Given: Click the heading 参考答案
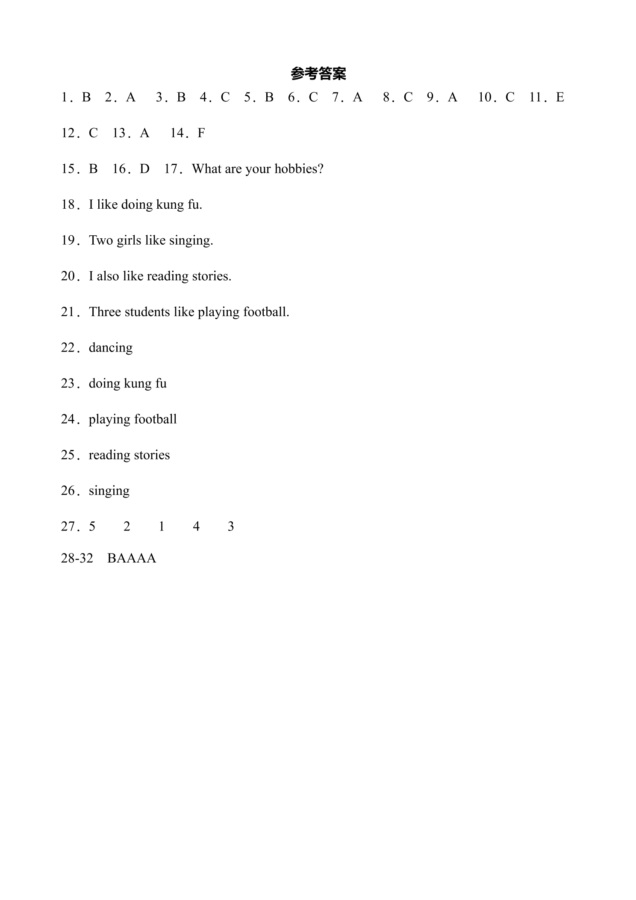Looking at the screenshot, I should (x=318, y=74).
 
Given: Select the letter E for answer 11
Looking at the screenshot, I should (x=560, y=98).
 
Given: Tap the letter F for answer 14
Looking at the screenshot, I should (x=201, y=133).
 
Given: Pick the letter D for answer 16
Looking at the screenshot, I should (x=144, y=169).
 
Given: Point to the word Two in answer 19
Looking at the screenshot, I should (x=101, y=240).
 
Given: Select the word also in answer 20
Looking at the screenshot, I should (x=108, y=276).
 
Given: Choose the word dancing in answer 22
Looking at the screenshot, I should (x=111, y=348).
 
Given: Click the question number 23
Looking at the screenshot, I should (x=68, y=383).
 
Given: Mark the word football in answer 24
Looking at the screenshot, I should (x=155, y=419).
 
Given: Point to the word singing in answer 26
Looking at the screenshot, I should (x=109, y=491).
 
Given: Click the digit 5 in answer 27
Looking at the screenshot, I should (x=92, y=527).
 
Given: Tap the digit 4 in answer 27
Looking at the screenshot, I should (x=196, y=527).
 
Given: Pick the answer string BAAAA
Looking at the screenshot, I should (x=132, y=558).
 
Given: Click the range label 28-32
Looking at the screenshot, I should (x=77, y=558).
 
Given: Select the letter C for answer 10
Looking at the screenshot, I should (x=510, y=98).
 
